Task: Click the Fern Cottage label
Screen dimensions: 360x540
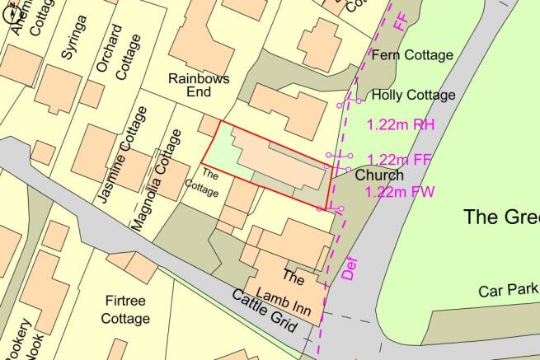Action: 412,55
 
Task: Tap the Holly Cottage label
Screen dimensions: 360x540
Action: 413,96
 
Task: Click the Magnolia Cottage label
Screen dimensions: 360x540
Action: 157,180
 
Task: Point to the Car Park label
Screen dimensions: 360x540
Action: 508,291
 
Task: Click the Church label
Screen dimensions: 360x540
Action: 379,175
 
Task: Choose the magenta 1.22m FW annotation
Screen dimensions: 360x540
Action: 400,193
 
